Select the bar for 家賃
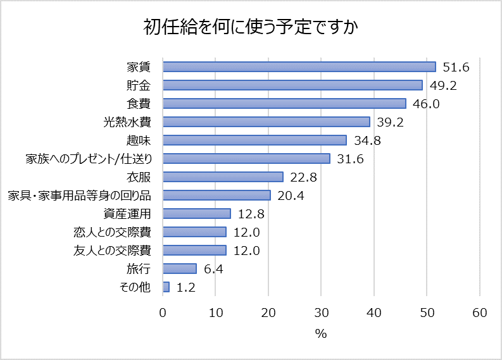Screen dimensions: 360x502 click(x=299, y=66)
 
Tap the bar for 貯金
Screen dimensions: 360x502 click(x=292, y=85)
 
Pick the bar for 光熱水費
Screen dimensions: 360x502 click(x=266, y=121)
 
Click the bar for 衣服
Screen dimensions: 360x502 click(x=223, y=177)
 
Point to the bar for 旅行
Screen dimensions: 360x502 click(x=180, y=268)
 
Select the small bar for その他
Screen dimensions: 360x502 click(x=166, y=287)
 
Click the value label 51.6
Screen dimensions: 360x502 click(x=456, y=67)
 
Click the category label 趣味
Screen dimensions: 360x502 click(x=139, y=140)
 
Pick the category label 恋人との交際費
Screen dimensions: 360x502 click(x=112, y=232)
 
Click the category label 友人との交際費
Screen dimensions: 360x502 click(x=112, y=250)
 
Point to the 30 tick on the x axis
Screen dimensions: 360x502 click(x=321, y=313)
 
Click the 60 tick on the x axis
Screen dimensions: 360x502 click(x=479, y=313)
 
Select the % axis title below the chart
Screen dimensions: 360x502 click(x=321, y=333)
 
